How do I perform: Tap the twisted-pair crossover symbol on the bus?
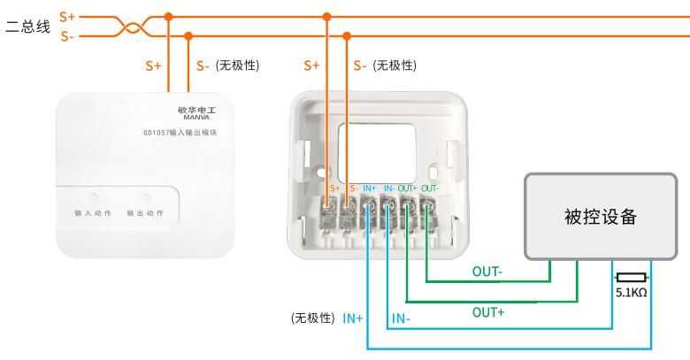pyautogui.click(x=131, y=27)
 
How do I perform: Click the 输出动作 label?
pyautogui.click(x=145, y=214)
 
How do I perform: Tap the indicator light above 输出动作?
pyautogui.click(x=145, y=197)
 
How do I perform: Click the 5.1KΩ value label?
pyautogui.click(x=632, y=291)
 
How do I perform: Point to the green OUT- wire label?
pyautogui.click(x=487, y=272)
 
